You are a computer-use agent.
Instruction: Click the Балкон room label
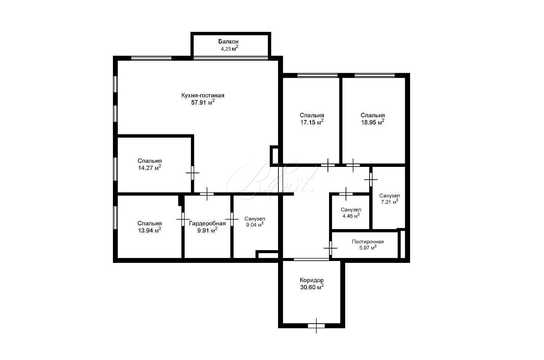pyautogui.click(x=228, y=41)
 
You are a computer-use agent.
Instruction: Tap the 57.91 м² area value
pyautogui.click(x=203, y=102)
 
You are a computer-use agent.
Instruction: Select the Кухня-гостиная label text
pyautogui.click(x=203, y=95)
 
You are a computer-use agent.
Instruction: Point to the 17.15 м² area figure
pyautogui.click(x=312, y=122)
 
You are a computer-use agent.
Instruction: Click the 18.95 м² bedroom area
pyautogui.click(x=373, y=122)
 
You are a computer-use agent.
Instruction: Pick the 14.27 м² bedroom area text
pyautogui.click(x=150, y=168)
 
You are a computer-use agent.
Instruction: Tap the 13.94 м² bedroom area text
pyautogui.click(x=150, y=230)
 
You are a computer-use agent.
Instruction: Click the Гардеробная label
pyautogui.click(x=207, y=223)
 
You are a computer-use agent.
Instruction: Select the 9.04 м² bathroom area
pyautogui.click(x=255, y=225)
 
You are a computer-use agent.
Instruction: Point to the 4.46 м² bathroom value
pyautogui.click(x=351, y=216)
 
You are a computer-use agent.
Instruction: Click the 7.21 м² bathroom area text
pyautogui.click(x=389, y=201)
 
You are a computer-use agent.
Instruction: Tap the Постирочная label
pyautogui.click(x=368, y=241)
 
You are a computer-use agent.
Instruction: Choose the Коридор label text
pyautogui.click(x=312, y=280)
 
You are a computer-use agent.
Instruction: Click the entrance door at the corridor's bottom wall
pyautogui.click(x=316, y=325)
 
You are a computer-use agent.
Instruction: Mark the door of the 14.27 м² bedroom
pyautogui.click(x=192, y=173)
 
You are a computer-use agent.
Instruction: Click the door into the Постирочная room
pyautogui.click(x=331, y=248)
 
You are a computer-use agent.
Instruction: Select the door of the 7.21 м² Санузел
pyautogui.click(x=371, y=179)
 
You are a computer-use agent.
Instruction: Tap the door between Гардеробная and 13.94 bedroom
pyautogui.click(x=183, y=219)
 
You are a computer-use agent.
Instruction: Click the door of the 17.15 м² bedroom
pyautogui.click(x=328, y=165)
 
